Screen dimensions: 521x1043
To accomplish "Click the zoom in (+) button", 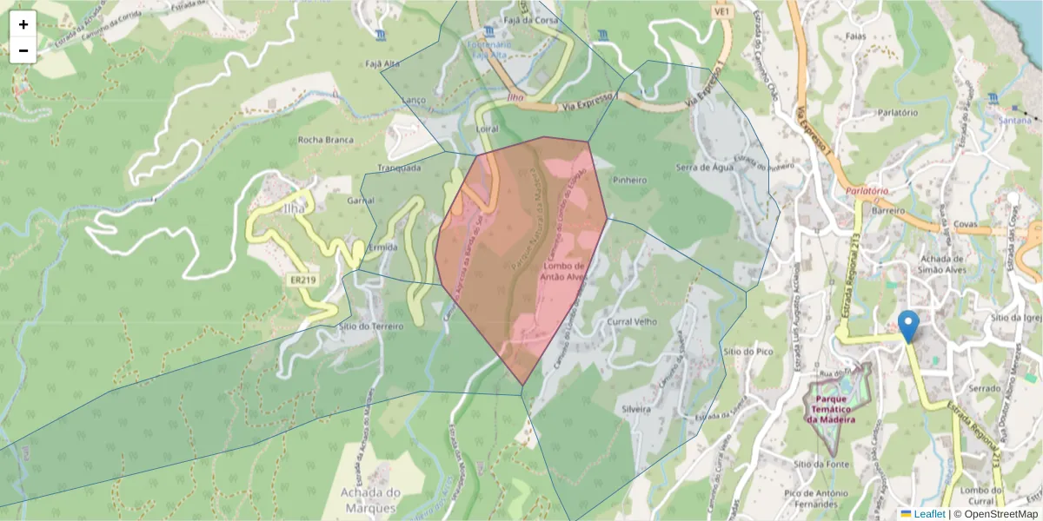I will coord(23,24).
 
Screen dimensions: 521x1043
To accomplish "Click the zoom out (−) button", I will coord(23,50).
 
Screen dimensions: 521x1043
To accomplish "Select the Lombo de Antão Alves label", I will coord(565,271).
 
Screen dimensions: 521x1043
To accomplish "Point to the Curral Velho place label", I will coord(632,321).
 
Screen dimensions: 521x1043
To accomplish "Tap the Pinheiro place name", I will coord(629,181).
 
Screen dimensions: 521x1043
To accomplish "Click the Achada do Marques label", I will coord(369,499).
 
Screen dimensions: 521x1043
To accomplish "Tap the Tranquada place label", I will coord(399,168).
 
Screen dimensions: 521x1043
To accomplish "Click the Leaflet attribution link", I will coord(928,514).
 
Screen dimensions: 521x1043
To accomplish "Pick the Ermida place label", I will coord(383,247).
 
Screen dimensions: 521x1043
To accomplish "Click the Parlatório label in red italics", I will coord(866,191).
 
